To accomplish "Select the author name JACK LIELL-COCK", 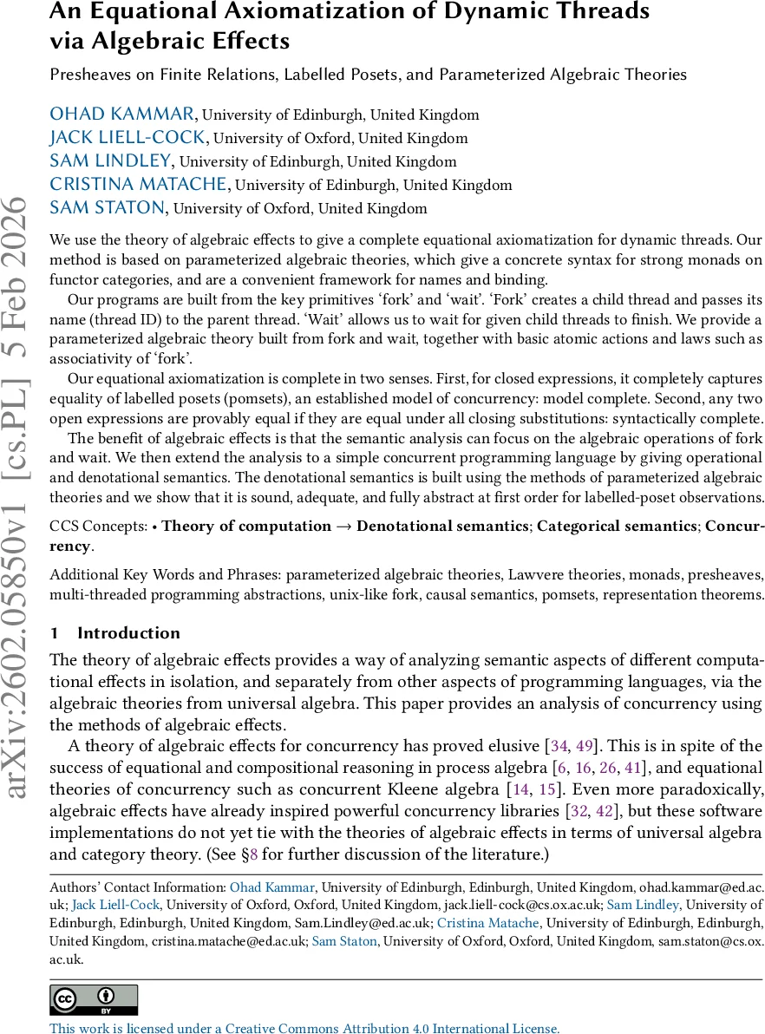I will [127, 138].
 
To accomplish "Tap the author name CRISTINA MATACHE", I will [139, 185].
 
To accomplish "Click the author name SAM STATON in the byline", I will [107, 207].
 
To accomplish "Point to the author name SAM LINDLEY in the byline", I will [111, 161].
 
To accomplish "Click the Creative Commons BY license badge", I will [94, 1000].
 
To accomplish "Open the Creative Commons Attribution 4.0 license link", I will [304, 1028].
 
